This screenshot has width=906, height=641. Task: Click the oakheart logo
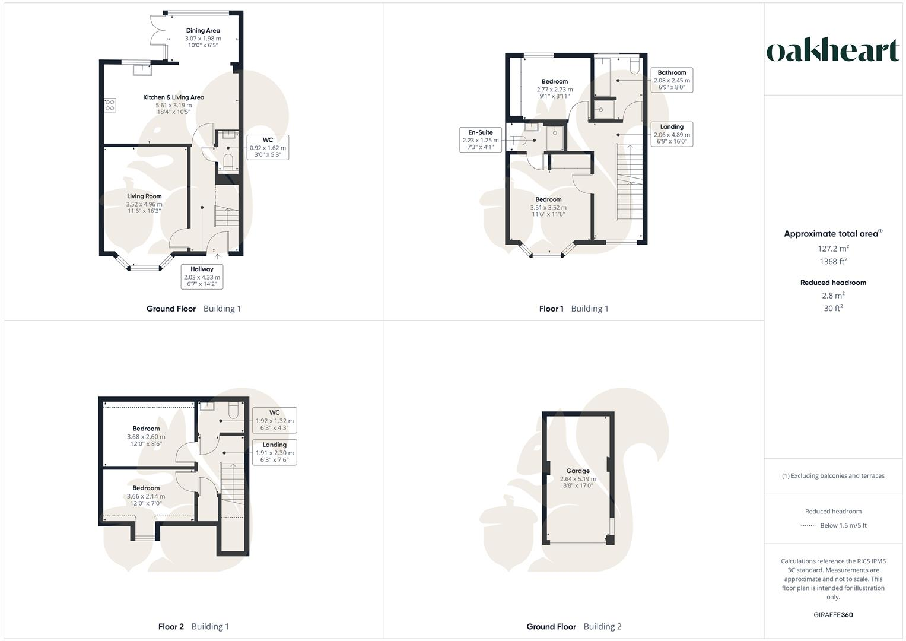[833, 51]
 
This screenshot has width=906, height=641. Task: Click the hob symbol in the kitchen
[110, 105]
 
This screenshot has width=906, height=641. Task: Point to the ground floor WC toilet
[228, 161]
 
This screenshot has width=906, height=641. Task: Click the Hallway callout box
[202, 277]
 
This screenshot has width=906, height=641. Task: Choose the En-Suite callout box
[480, 140]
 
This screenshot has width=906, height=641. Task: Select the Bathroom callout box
[672, 80]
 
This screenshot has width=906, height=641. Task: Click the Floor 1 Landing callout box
[672, 134]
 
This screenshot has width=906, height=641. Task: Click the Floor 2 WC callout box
[274, 420]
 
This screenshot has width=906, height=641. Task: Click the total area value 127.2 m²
[833, 249]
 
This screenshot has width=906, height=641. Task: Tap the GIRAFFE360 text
[833, 614]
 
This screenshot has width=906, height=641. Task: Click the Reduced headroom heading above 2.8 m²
[833, 283]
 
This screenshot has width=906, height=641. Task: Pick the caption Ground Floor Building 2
[574, 626]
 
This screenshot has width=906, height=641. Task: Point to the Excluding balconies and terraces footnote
[833, 475]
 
